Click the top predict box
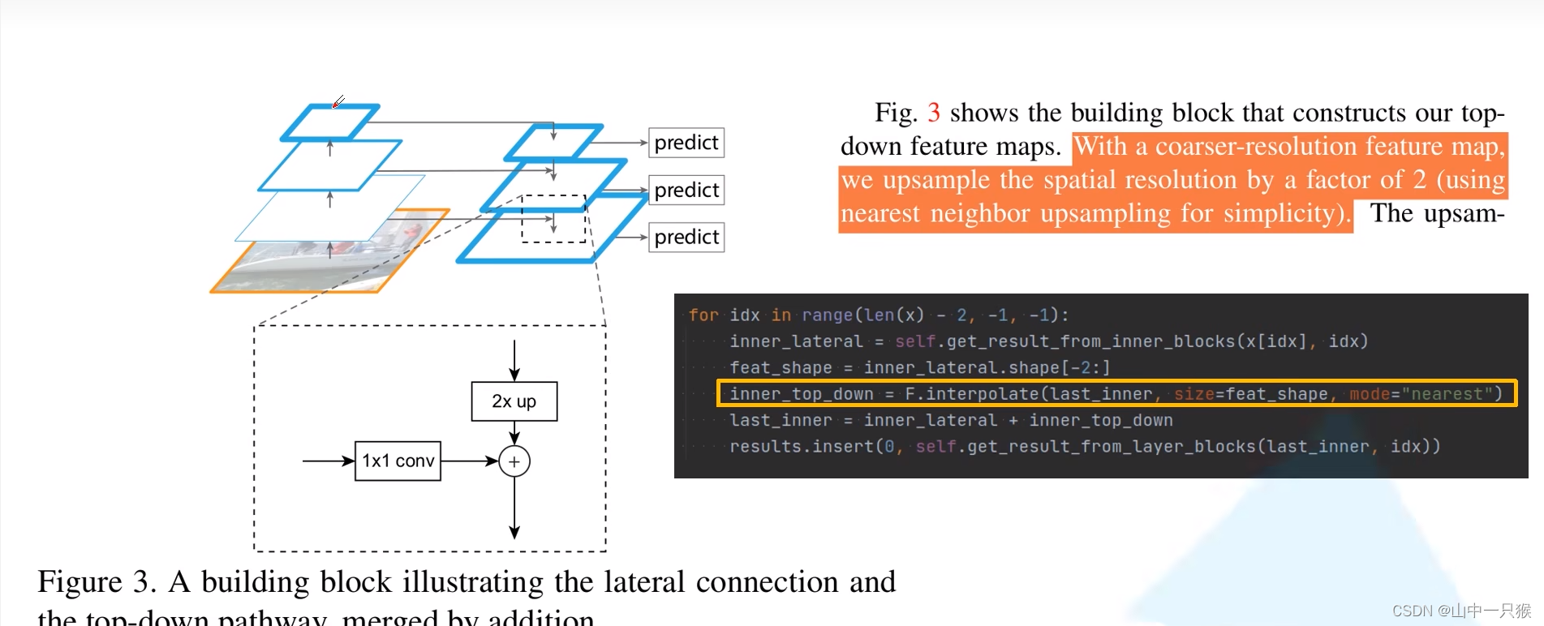(686, 143)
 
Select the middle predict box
(686, 190)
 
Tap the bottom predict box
(686, 237)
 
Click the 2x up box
(514, 401)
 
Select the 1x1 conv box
(398, 461)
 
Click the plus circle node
(514, 461)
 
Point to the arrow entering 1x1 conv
(328, 461)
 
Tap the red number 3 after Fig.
(934, 113)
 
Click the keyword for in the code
(703, 315)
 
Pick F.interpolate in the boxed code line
(972, 394)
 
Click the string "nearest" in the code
(1447, 394)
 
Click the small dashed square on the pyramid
(553, 219)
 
